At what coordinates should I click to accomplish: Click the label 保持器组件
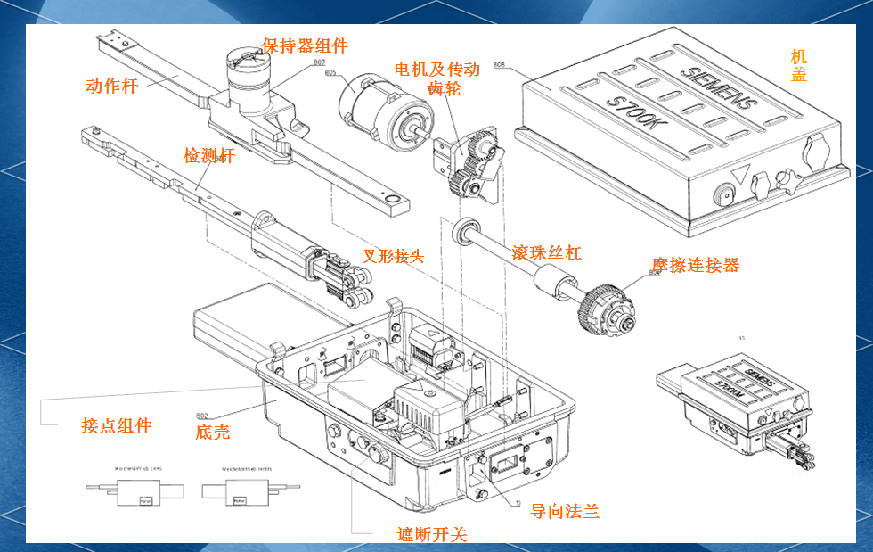point(305,46)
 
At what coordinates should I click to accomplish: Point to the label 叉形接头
point(393,256)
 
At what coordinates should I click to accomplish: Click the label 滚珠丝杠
point(546,252)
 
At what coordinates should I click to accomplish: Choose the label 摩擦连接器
point(695,265)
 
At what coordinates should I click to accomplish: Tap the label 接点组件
point(116,425)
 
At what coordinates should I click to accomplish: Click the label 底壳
point(212,433)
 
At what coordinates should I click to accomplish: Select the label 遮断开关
point(431,534)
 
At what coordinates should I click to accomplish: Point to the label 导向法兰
point(565,511)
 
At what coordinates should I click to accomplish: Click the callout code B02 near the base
point(202,416)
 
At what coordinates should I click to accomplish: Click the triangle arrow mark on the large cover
point(738,174)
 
